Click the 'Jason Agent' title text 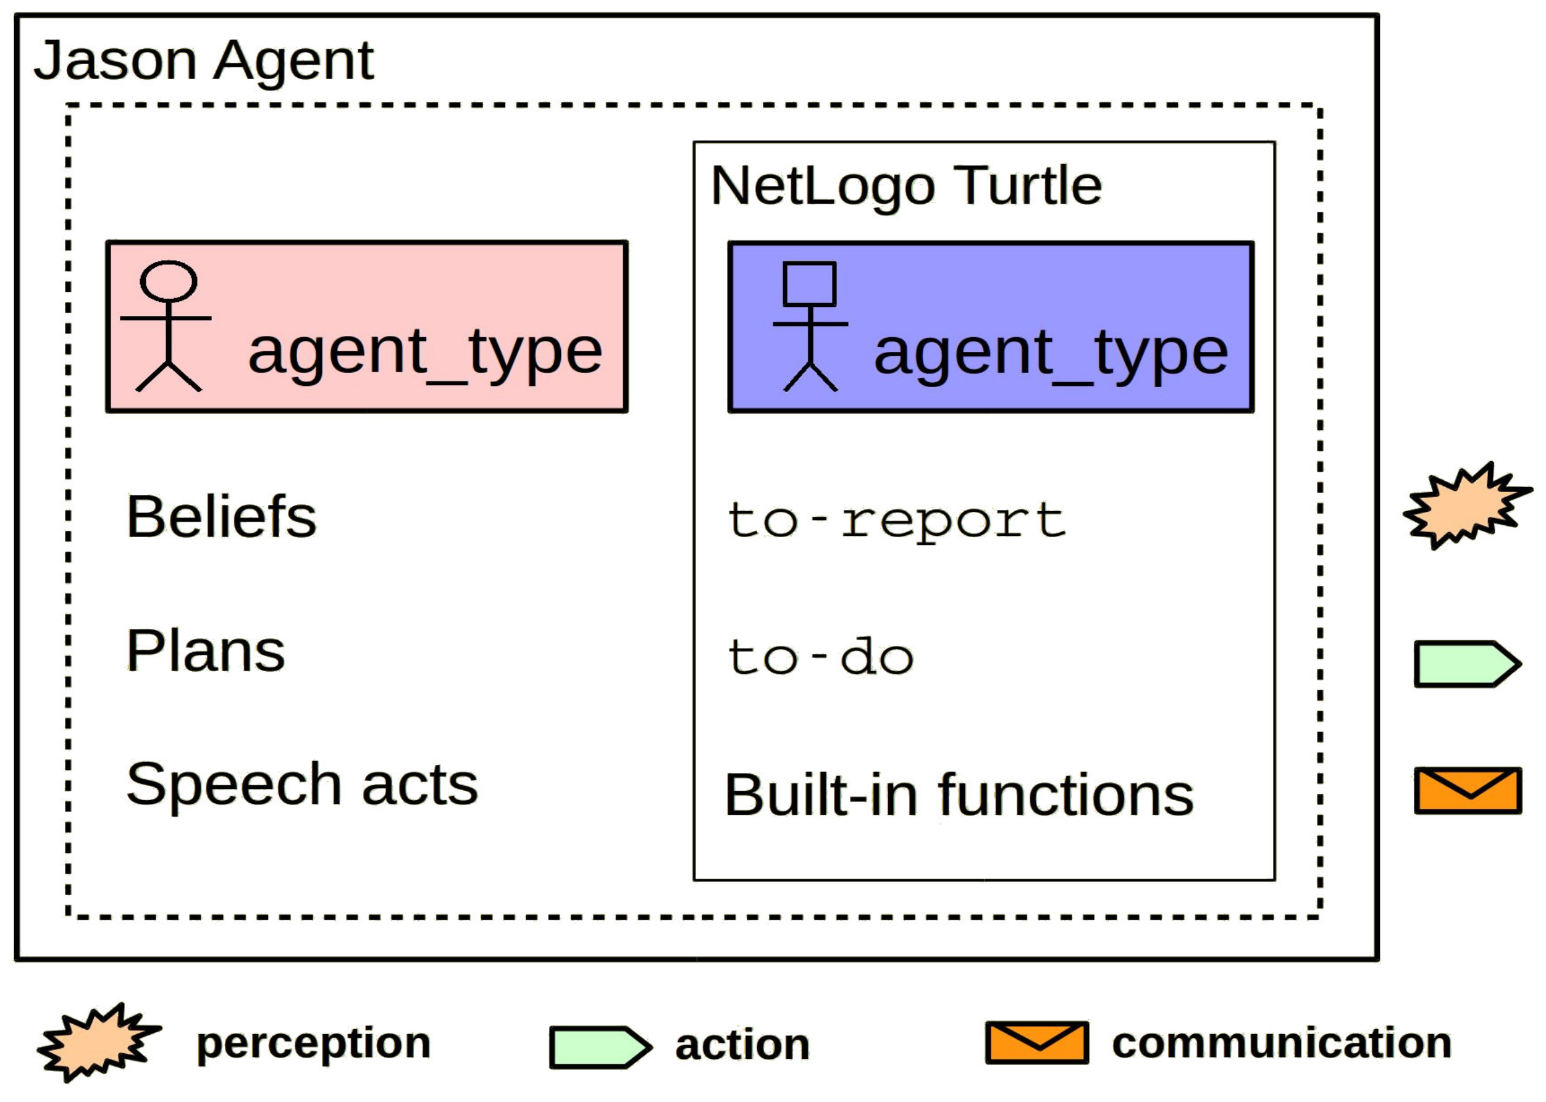(204, 61)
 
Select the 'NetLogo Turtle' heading (905, 186)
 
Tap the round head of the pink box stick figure (169, 281)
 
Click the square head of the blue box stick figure (809, 283)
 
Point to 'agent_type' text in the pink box (425, 353)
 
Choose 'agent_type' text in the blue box (1051, 354)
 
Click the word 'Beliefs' (221, 517)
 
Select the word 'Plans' (205, 651)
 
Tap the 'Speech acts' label (302, 785)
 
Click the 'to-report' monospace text (896, 521)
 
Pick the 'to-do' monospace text (820, 657)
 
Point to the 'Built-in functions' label (959, 795)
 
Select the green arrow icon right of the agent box (1466, 664)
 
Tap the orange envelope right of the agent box (1467, 790)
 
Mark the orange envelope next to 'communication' (1037, 1042)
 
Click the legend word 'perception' (313, 1043)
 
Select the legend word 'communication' (1281, 1043)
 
